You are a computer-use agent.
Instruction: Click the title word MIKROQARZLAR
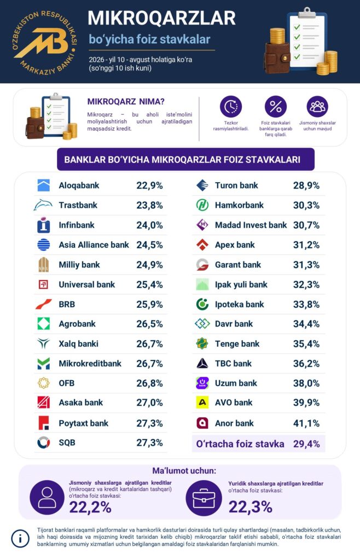click(x=162, y=18)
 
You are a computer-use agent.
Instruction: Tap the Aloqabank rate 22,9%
click(x=149, y=185)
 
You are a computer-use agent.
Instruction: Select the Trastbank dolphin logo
click(x=43, y=205)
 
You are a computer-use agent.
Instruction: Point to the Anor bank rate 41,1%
click(x=306, y=423)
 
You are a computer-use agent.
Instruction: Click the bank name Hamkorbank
click(x=239, y=205)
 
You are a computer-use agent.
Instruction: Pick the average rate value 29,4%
click(x=306, y=444)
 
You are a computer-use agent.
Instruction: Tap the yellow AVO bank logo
click(x=202, y=402)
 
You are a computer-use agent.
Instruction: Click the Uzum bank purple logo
click(x=202, y=383)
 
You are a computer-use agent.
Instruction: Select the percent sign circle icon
click(x=275, y=107)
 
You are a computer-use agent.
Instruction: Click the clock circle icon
click(x=231, y=107)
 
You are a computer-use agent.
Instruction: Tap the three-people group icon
click(x=317, y=107)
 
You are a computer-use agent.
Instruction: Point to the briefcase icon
click(x=204, y=498)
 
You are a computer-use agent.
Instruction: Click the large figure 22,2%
click(x=90, y=507)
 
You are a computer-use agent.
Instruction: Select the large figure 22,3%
click(x=251, y=507)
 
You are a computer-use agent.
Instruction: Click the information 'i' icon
click(x=20, y=538)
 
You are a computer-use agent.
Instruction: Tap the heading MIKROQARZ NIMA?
click(x=126, y=102)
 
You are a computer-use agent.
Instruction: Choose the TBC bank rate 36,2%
click(x=306, y=364)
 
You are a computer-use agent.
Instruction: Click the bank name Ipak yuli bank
click(x=241, y=284)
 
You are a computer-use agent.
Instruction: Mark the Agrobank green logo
click(x=44, y=324)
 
